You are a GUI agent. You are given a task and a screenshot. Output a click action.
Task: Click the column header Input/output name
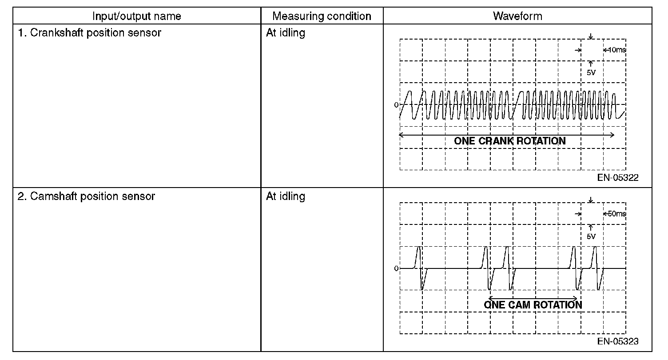point(137,16)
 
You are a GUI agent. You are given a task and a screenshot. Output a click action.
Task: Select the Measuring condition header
point(322,16)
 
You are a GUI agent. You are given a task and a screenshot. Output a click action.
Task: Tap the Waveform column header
point(517,16)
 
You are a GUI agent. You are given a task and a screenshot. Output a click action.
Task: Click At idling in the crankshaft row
point(285,33)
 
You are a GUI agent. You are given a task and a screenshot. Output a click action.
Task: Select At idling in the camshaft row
point(285,196)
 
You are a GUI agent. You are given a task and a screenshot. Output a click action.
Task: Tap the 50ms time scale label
point(616,214)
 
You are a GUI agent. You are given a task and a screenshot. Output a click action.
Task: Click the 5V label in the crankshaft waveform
point(591,73)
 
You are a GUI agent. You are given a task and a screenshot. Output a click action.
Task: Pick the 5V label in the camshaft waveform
point(591,236)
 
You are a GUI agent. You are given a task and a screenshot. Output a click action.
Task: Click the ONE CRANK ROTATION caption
point(509,141)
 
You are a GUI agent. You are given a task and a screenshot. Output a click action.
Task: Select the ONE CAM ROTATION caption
point(533,305)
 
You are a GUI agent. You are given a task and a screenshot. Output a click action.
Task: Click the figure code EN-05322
point(618,178)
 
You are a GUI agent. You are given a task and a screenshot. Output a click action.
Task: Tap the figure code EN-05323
point(618,341)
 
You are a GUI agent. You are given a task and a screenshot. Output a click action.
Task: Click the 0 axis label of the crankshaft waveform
point(396,105)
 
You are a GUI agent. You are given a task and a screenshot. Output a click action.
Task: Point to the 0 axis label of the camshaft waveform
point(396,268)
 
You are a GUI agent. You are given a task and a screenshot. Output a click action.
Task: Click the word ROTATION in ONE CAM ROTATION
point(557,305)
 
